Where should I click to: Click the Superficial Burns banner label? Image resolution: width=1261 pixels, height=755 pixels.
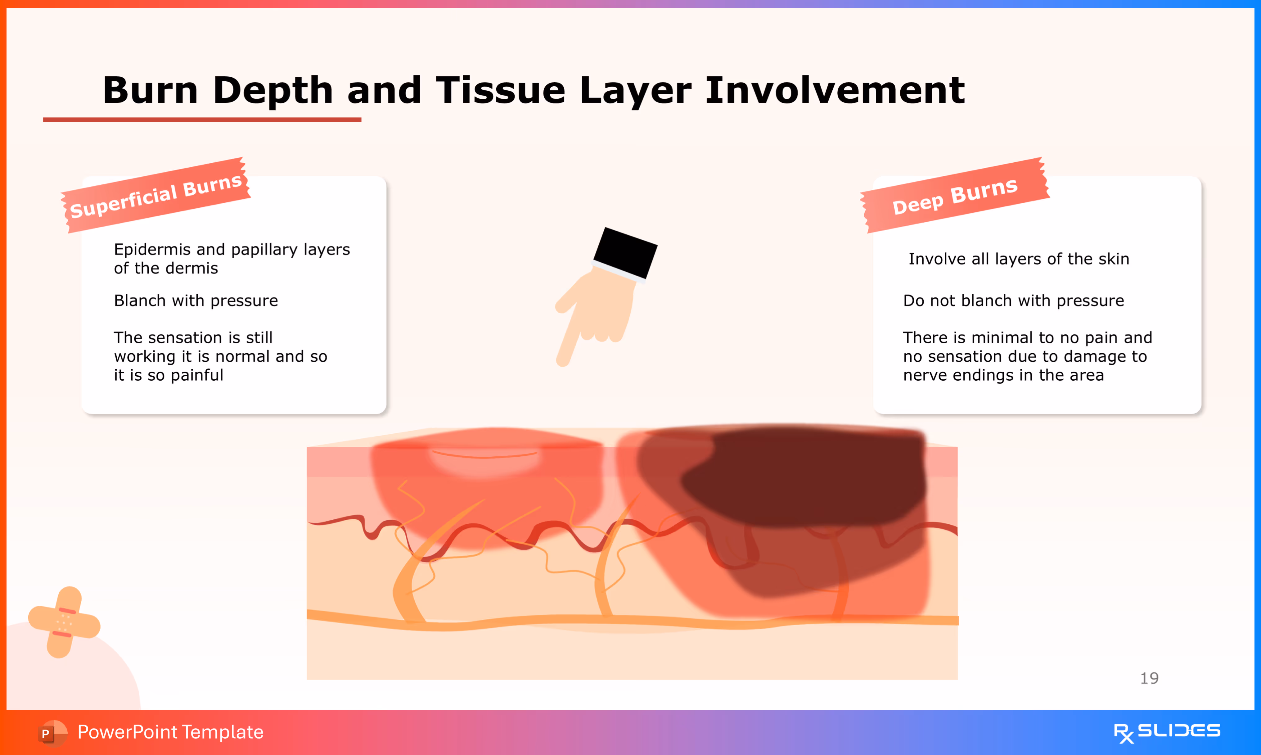pyautogui.click(x=155, y=195)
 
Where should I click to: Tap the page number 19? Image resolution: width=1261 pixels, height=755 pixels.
pyautogui.click(x=1149, y=678)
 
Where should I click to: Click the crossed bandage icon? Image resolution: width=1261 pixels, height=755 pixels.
pyautogui.click(x=64, y=622)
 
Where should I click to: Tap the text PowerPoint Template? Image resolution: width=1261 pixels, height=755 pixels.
pyautogui.click(x=170, y=732)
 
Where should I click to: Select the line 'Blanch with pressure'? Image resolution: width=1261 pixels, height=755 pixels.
pyautogui.click(x=196, y=301)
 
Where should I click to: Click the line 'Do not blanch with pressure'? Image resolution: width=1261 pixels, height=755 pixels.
pyautogui.click(x=1013, y=301)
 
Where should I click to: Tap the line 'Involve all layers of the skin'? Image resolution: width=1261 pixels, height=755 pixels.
pyautogui.click(x=1019, y=259)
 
